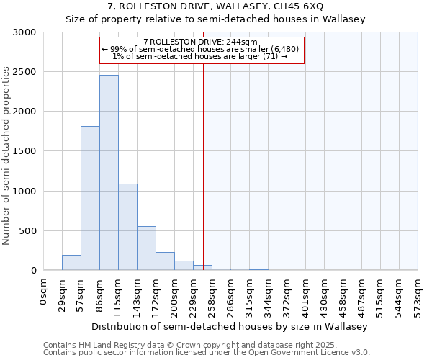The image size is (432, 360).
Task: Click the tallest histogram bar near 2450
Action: (109, 173)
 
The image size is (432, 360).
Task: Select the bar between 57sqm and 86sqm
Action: (90, 198)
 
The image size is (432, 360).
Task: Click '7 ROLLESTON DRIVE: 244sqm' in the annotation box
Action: (204, 42)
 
